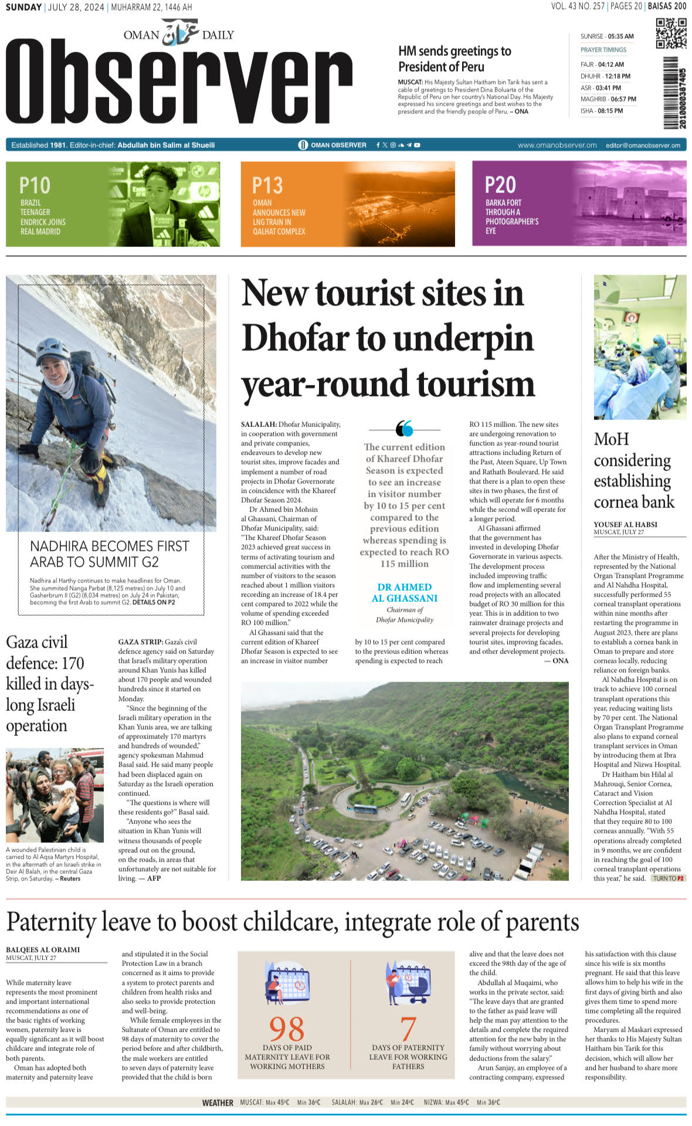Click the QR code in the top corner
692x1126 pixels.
(671, 33)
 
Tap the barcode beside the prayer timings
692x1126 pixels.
(674, 93)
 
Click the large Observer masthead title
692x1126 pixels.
(179, 82)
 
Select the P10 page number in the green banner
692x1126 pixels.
(35, 186)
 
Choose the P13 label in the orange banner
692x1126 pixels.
(267, 186)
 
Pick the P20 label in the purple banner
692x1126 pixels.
(500, 185)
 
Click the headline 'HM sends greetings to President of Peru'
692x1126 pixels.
(454, 59)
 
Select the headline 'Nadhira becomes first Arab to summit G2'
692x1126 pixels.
(109, 554)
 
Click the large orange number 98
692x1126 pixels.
(287, 1029)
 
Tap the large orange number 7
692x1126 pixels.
(408, 1029)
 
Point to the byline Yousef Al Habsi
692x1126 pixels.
(625, 524)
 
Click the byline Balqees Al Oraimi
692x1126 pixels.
(43, 949)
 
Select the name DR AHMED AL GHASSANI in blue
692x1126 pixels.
(404, 592)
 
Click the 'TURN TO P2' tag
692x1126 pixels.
(669, 879)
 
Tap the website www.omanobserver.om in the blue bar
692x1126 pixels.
(557, 145)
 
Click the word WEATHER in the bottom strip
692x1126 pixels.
(218, 1103)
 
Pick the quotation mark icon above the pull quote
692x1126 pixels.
(404, 429)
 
